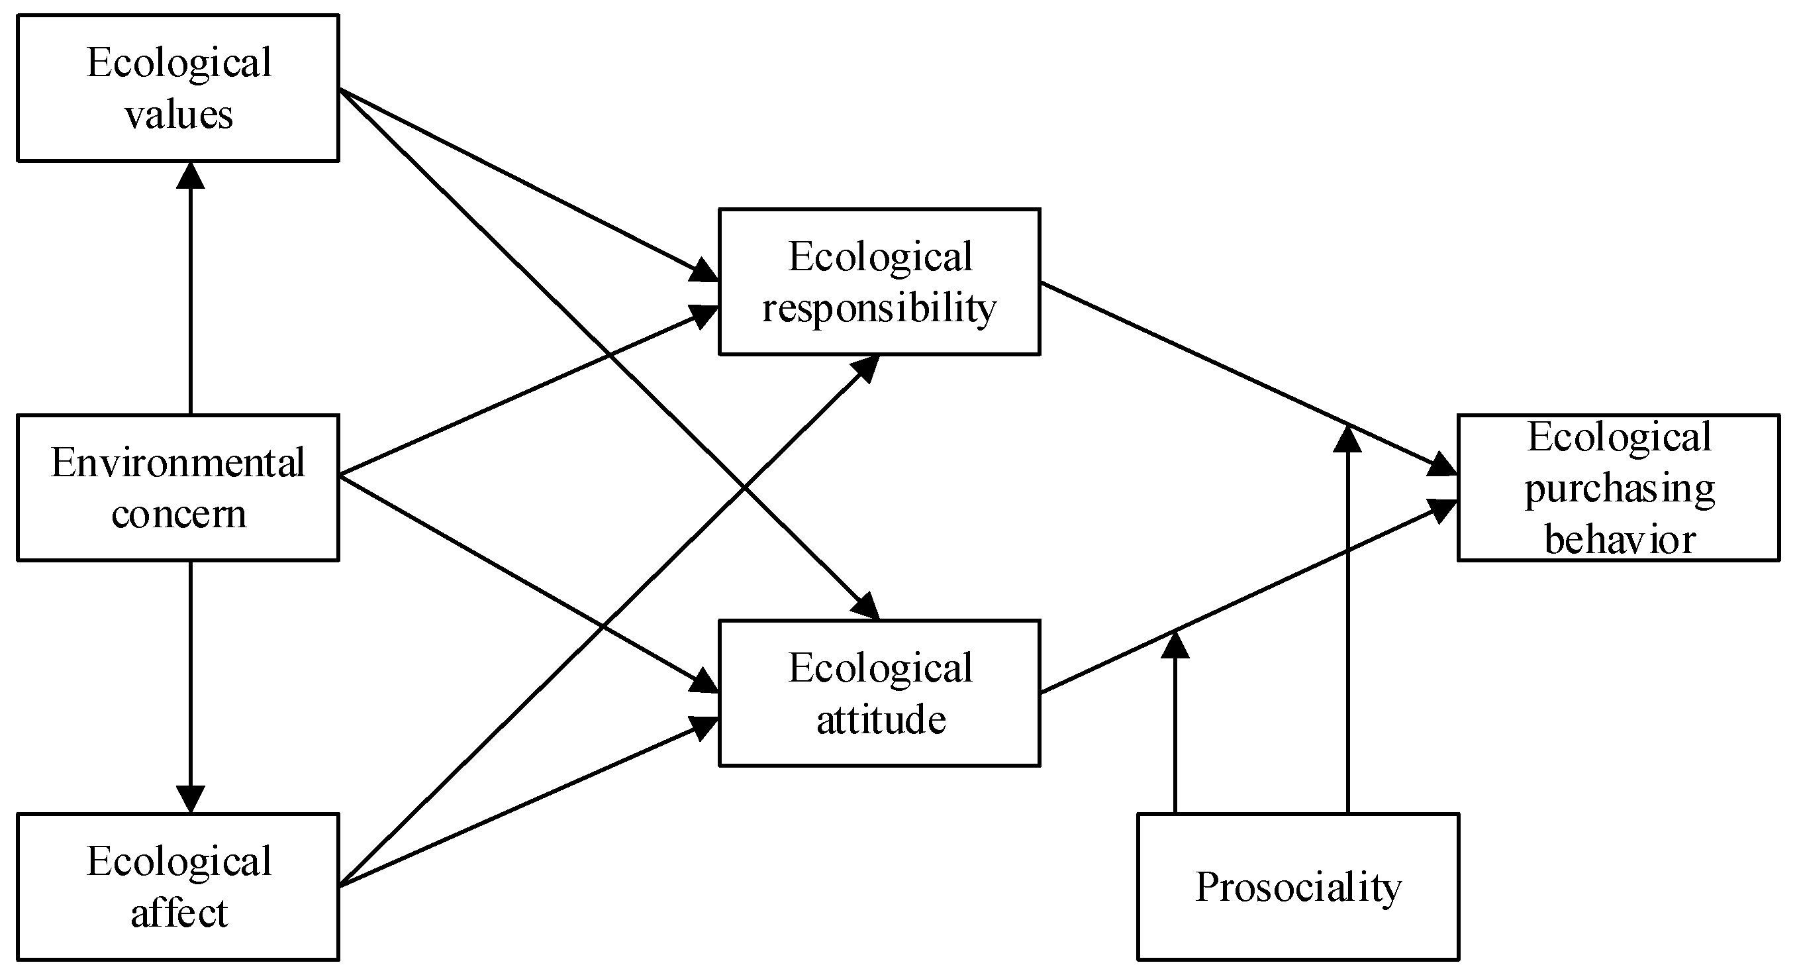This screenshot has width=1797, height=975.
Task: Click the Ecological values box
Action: [178, 88]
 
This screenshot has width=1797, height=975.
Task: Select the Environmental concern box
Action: [178, 487]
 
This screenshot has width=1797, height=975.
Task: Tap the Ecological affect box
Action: [178, 886]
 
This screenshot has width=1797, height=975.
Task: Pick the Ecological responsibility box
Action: [879, 282]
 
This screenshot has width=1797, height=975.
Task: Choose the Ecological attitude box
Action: [879, 692]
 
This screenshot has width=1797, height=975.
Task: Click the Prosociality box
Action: [1298, 886]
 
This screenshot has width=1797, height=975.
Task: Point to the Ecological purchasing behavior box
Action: [1618, 487]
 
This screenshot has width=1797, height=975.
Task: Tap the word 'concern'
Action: [179, 515]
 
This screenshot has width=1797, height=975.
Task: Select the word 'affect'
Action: [179, 913]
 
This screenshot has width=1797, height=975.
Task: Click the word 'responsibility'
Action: [879, 309]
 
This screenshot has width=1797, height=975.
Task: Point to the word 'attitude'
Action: [881, 719]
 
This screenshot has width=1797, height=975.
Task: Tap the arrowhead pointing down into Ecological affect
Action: [191, 799]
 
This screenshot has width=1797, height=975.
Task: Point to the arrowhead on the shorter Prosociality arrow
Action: [1175, 646]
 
